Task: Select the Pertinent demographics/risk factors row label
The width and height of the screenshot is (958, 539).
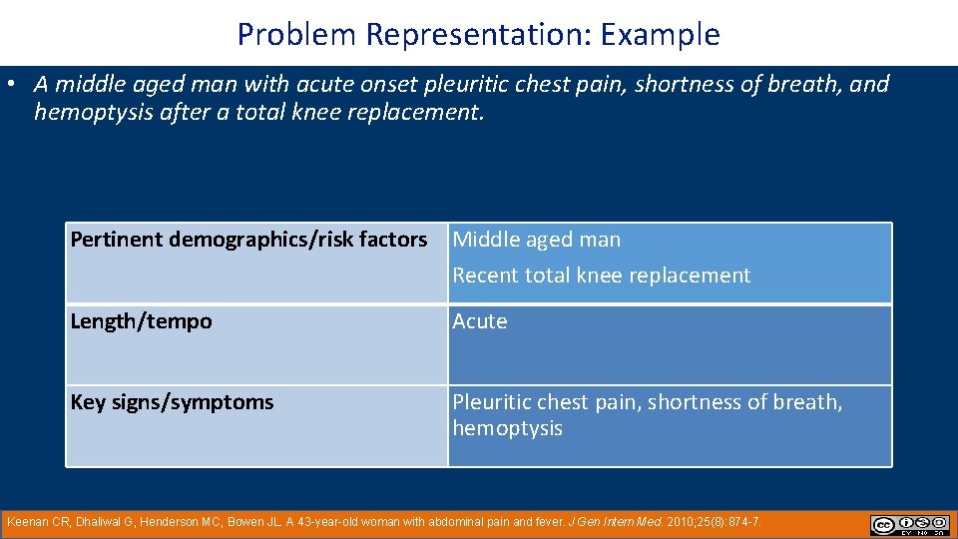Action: point(248,240)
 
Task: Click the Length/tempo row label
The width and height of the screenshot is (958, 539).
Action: point(141,321)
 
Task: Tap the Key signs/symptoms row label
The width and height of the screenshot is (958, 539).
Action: point(172,402)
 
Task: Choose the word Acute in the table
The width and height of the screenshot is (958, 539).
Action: point(480,321)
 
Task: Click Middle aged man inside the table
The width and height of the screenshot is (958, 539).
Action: point(536,240)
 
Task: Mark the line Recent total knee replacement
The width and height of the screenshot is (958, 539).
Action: point(601,275)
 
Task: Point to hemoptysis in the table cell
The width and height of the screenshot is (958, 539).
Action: point(507,428)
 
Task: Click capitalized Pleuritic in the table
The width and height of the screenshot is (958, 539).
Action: point(492,402)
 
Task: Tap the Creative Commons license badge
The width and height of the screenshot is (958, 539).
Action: point(910,525)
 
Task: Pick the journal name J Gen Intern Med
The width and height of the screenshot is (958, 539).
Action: point(604,522)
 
